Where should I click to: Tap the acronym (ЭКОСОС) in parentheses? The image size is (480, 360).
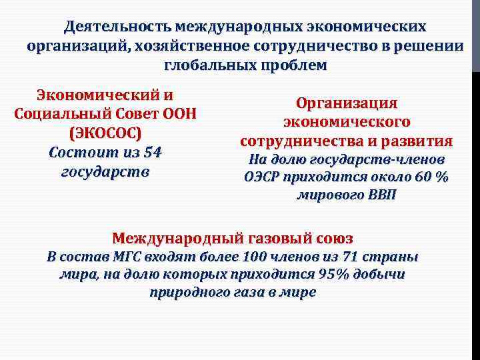[x=106, y=132]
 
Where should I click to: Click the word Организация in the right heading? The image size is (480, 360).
[x=347, y=104]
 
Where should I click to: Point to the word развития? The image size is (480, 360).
[x=416, y=141]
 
